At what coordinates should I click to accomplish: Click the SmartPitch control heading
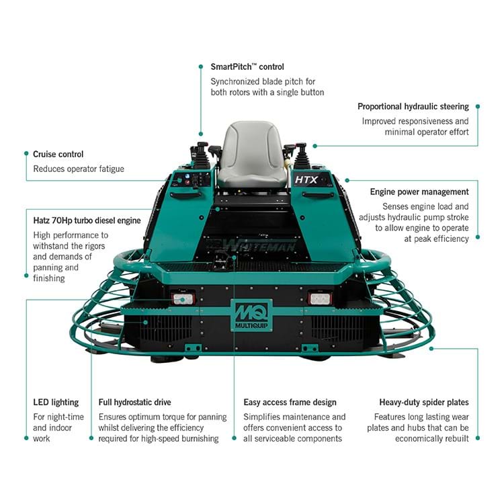pos(247,67)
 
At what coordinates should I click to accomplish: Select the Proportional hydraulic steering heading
pos(413,107)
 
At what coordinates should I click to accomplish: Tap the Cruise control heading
pos(58,154)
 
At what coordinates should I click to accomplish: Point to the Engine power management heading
pos(419,192)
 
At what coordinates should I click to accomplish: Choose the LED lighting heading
pos(56,403)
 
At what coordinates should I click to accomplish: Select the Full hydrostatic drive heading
pos(134,403)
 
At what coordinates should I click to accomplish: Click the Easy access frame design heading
pos(290,403)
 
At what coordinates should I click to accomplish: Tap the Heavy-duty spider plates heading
pos(423,403)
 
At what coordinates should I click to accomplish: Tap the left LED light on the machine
pos(183,298)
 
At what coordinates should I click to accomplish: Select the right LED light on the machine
pos(319,298)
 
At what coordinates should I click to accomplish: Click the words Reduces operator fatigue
pos(79,169)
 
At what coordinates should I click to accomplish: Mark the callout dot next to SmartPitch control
pos(200,67)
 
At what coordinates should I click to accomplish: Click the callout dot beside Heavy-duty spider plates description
pos(478,437)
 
